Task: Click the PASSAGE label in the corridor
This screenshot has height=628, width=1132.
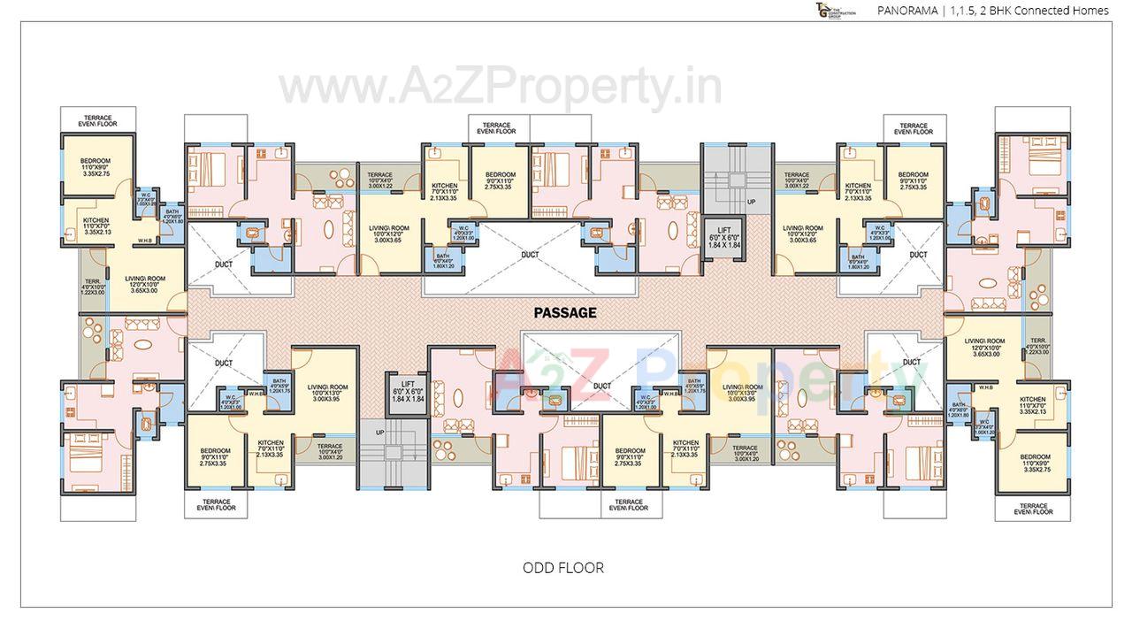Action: coord(564,312)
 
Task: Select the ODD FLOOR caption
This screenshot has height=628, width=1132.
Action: coord(563,568)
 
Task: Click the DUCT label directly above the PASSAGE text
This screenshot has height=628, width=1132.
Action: coord(530,255)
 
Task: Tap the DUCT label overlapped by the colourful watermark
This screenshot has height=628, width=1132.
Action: coord(602,386)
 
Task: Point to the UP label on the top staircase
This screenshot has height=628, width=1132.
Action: coord(752,202)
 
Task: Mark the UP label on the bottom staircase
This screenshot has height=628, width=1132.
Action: coord(380,433)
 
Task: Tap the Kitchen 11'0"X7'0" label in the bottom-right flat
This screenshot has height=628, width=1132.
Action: coord(1032,405)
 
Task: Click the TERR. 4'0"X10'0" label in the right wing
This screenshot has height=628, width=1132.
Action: coord(1038,345)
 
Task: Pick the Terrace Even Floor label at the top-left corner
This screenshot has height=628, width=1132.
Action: coord(99,120)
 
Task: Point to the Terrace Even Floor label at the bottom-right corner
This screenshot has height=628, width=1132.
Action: coord(1031,509)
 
